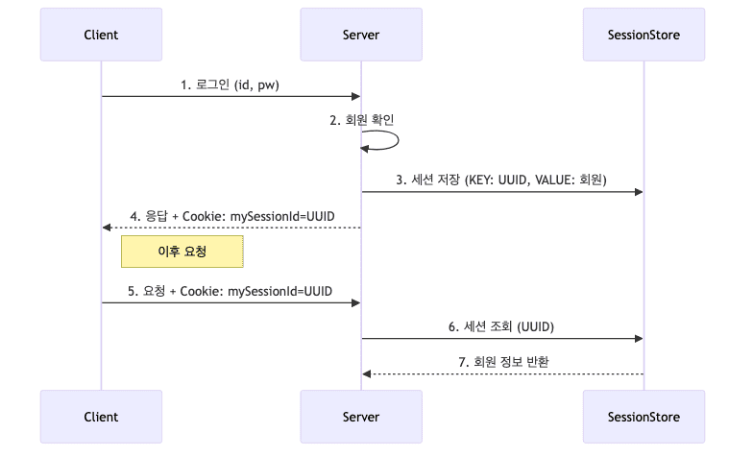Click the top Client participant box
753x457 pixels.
[102, 36]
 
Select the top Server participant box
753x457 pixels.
[361, 36]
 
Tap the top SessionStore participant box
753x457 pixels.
[644, 36]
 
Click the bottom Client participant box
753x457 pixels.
[102, 417]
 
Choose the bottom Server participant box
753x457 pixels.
[361, 417]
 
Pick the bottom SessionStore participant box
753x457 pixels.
[644, 417]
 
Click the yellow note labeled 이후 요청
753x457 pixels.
[182, 253]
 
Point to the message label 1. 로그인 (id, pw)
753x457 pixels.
[231, 84]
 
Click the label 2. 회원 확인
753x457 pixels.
[361, 120]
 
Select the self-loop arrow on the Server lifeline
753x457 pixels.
[397, 141]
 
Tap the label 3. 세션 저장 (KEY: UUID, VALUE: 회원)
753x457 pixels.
[501, 180]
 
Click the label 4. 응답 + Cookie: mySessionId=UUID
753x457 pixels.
[231, 216]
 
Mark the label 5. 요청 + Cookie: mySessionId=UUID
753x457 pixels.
[231, 290]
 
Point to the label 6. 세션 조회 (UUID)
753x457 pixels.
[501, 326]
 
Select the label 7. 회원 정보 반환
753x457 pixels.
[502, 362]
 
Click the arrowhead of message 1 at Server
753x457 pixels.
[355, 96]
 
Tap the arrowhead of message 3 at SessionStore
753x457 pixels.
[638, 192]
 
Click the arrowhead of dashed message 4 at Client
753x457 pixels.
[108, 228]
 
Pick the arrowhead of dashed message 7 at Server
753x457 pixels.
[367, 373]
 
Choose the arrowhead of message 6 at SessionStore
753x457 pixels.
[638, 338]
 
